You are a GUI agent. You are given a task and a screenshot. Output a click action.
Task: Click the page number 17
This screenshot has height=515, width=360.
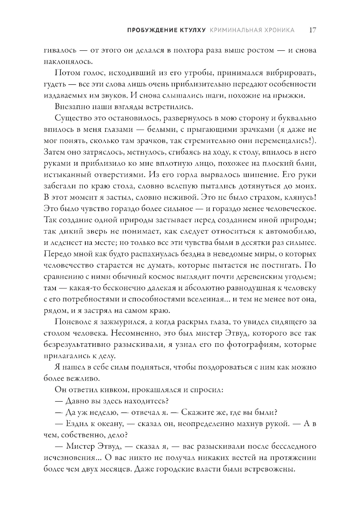(x=312, y=30)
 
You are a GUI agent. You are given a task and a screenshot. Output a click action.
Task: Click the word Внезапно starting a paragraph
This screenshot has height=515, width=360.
(x=71, y=107)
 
